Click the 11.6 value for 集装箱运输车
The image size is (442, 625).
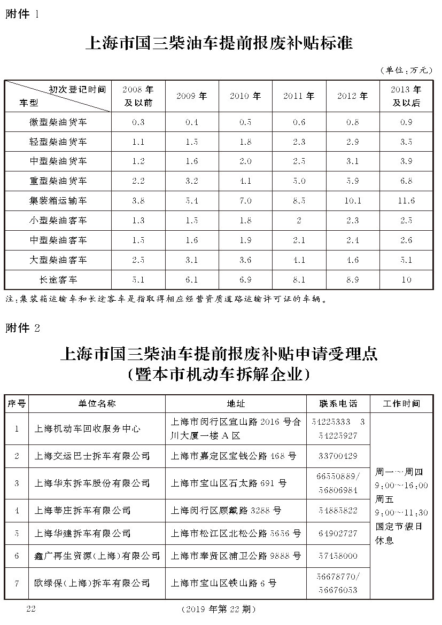point(406,201)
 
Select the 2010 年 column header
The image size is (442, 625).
point(245,96)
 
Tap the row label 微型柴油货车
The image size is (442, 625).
point(58,122)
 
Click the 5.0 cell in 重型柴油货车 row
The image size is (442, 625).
point(299,181)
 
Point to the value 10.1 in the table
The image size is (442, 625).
point(353,201)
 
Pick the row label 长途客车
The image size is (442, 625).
point(58,280)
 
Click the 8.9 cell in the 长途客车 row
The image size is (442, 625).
point(353,280)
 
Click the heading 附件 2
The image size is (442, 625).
point(22,328)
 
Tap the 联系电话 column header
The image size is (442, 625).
point(338,403)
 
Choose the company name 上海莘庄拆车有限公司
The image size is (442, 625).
point(82,511)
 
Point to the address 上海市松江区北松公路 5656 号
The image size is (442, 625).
point(236,533)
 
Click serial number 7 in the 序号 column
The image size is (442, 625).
point(17,582)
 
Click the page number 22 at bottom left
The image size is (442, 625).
point(30,608)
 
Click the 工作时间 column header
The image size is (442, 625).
point(401,403)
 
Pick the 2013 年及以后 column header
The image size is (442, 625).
point(406,96)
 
